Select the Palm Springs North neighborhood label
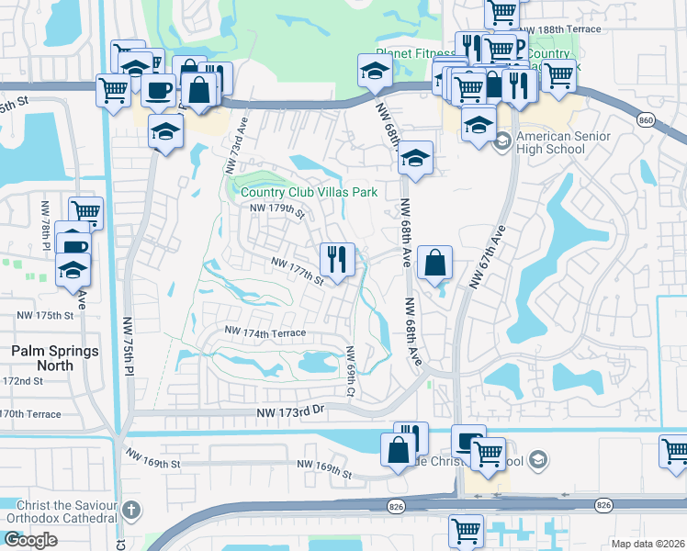click(42, 357)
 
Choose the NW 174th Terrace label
click(265, 331)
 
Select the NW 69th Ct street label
click(349, 371)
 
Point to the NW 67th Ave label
click(487, 259)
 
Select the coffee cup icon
click(158, 89)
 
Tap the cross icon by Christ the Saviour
click(131, 509)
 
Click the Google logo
click(30, 540)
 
